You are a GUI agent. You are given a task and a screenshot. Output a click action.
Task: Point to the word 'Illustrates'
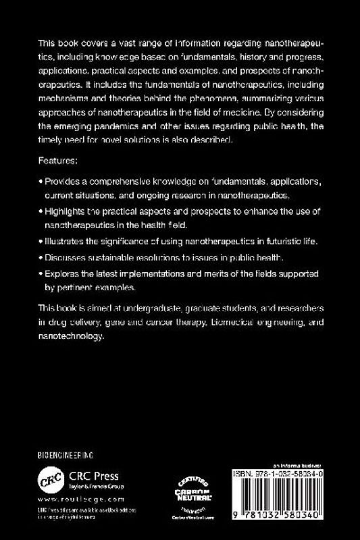pos(66,241)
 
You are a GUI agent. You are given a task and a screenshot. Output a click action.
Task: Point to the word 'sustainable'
pos(119,257)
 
